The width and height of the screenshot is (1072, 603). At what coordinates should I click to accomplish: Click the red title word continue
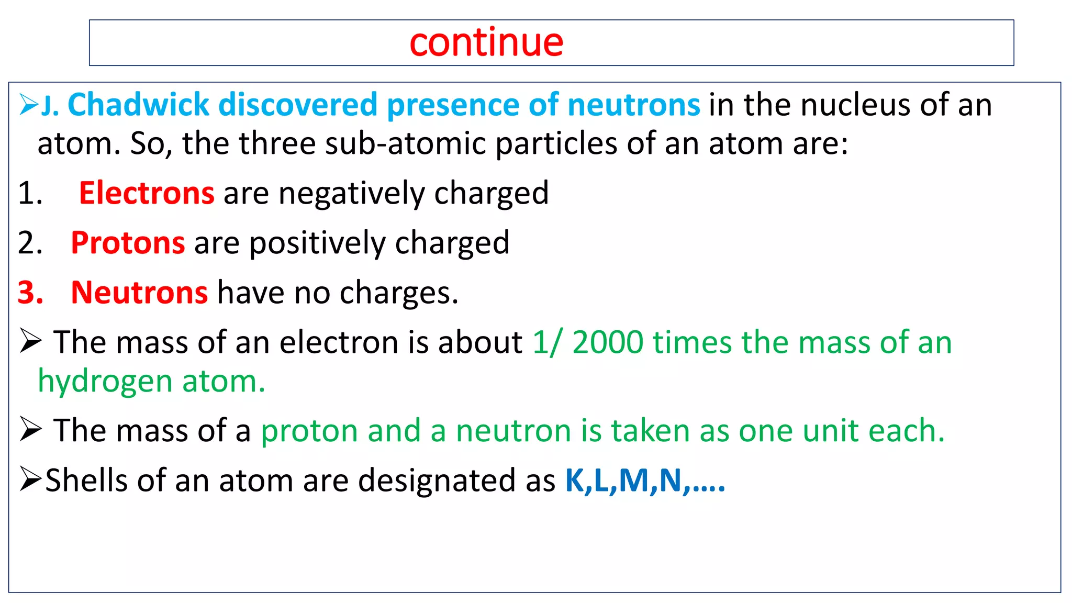(x=486, y=43)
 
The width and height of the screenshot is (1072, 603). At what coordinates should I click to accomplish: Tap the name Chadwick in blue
(x=138, y=105)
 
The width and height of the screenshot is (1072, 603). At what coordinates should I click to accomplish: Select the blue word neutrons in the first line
(x=633, y=105)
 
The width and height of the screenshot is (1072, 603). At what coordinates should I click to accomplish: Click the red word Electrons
(x=147, y=193)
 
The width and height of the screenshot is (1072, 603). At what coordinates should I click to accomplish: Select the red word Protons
(x=128, y=243)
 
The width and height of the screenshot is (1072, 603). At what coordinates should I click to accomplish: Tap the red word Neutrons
(x=139, y=293)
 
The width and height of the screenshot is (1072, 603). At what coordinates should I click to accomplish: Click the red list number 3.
(x=30, y=293)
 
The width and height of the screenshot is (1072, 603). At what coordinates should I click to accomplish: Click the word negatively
(x=351, y=193)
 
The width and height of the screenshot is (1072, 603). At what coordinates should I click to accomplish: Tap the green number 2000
(x=608, y=342)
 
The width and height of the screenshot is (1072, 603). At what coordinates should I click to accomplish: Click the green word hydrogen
(x=105, y=381)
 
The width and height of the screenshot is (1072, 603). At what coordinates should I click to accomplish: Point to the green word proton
(x=309, y=431)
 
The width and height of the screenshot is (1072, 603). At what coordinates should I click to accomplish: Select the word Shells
(x=86, y=481)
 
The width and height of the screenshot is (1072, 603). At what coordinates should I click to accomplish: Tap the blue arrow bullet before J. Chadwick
(x=28, y=104)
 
